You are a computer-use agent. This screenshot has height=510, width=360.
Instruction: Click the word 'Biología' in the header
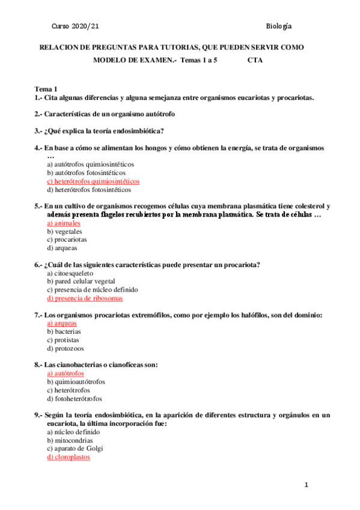(278, 26)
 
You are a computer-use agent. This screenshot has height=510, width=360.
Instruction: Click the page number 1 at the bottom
(306, 485)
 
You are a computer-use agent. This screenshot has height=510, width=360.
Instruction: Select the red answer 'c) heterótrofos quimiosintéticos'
(93, 181)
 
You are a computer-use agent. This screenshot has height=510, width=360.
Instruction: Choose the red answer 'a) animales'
(64, 223)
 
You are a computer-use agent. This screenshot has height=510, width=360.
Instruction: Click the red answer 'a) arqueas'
(62, 323)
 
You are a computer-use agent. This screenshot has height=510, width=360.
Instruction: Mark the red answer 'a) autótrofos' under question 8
(66, 373)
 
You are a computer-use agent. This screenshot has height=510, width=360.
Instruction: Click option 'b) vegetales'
(65, 231)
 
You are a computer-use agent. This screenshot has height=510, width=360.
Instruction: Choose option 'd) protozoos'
(66, 348)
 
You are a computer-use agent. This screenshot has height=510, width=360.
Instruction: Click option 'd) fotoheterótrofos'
(75, 399)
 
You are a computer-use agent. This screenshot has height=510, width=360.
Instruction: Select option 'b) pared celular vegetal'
(81, 281)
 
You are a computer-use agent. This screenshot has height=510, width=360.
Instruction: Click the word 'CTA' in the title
(255, 60)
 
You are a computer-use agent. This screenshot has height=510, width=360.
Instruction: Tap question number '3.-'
(38, 131)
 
